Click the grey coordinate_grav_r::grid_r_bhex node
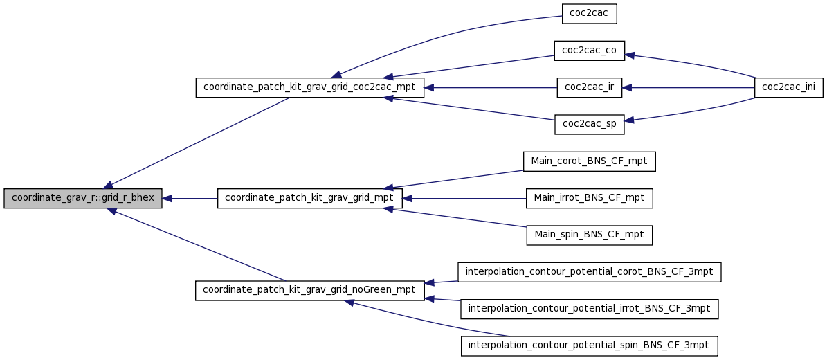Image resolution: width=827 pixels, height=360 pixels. tap(83, 199)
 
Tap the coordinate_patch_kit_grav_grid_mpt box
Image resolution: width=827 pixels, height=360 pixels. tap(309, 199)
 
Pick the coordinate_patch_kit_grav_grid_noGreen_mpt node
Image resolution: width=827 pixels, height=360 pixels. tap(309, 291)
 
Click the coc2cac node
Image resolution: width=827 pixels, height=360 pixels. tap(589, 14)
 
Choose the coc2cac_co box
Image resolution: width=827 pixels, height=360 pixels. tap(589, 50)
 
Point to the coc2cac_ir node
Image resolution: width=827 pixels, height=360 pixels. tap(589, 88)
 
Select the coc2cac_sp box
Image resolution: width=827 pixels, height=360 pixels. tap(589, 125)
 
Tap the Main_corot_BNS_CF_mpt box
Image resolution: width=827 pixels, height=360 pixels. tap(589, 161)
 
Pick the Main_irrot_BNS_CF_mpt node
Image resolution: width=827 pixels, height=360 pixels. tap(589, 199)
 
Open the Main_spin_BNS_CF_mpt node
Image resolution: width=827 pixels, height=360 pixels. tap(589, 235)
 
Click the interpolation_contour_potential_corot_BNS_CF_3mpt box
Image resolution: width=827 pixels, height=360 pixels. tap(589, 272)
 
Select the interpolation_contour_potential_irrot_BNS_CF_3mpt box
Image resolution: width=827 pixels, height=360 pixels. tap(589, 309)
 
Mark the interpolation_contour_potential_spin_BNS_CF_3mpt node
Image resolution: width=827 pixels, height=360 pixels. tap(589, 345)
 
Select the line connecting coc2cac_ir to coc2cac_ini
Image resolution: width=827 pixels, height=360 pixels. tap(689, 88)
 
